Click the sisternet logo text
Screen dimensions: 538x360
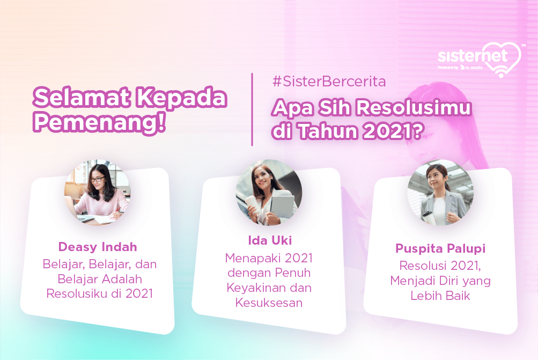coord(473,56)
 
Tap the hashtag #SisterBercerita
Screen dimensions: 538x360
coord(329,82)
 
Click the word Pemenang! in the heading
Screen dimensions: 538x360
coord(100,123)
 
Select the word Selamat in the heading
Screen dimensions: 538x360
coord(82,97)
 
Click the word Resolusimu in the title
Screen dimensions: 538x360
coord(413,107)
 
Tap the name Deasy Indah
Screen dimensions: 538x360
coord(98,247)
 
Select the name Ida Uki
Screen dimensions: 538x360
coord(270,240)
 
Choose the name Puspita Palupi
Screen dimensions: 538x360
coord(440,248)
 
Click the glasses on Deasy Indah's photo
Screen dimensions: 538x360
coord(98,179)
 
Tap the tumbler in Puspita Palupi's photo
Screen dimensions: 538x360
coord(429,218)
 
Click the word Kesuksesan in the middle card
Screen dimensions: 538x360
coord(269,303)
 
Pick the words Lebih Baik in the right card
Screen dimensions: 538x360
coord(440,296)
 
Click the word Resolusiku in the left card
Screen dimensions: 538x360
coord(77,294)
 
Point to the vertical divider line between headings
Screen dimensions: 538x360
coord(252,109)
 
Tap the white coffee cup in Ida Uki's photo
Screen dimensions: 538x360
coord(252,205)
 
